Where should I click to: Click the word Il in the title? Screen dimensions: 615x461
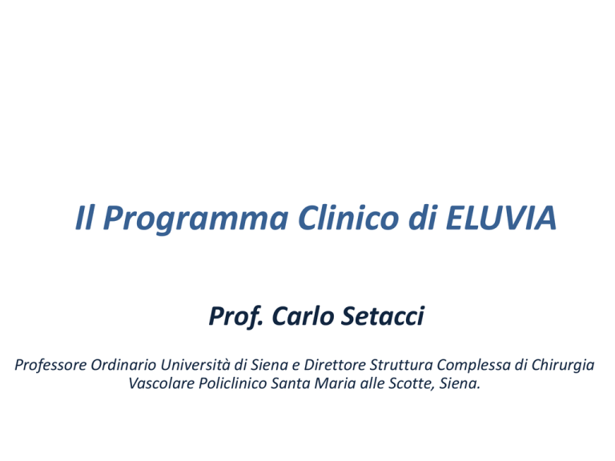(85, 218)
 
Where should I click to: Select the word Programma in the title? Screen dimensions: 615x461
(195, 219)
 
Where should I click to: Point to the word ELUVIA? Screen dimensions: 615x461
(500, 218)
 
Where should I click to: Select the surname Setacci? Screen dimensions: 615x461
(383, 316)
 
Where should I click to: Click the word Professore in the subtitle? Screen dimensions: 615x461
(50, 365)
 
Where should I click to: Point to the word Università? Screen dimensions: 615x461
(195, 365)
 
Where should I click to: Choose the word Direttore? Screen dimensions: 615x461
(335, 365)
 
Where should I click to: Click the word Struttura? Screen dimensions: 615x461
(402, 365)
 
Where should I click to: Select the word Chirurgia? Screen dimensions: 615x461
(563, 365)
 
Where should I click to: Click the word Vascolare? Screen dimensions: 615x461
(162, 383)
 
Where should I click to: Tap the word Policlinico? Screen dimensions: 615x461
(232, 383)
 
